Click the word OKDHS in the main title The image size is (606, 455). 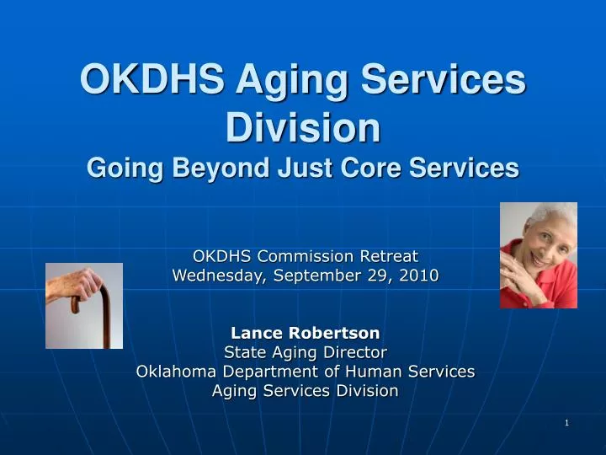pos(151,78)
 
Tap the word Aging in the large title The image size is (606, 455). pos(292,82)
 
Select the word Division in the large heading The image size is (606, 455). pos(303,127)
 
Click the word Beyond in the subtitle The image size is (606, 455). pos(221,168)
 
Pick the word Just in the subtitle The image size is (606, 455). pos(305,167)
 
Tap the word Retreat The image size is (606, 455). pos(389,256)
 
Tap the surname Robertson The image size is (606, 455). pos(334,333)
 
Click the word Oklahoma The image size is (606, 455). pos(176,372)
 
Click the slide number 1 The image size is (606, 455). pos(567,423)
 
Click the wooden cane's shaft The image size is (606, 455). pos(106,318)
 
